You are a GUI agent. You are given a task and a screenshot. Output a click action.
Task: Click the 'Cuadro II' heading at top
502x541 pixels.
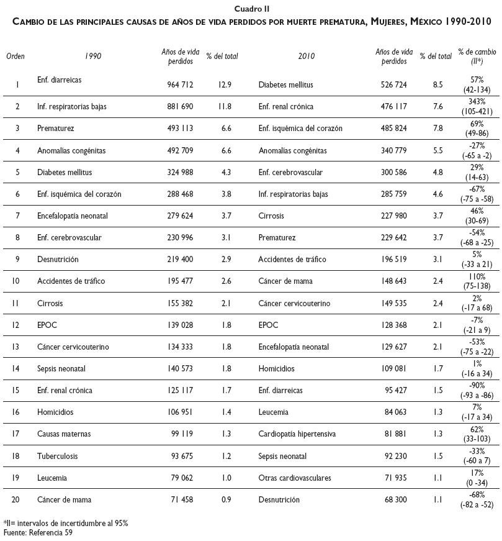[251, 8]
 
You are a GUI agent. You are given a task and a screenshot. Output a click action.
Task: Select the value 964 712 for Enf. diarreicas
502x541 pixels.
[180, 84]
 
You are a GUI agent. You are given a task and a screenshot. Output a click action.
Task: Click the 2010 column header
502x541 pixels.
[306, 57]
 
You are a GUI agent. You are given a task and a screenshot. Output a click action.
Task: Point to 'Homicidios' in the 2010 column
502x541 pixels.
[276, 368]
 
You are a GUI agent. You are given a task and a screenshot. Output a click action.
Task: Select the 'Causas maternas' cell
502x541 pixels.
[63, 412]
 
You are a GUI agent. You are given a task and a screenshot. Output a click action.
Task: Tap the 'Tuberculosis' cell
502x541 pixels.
[57, 456]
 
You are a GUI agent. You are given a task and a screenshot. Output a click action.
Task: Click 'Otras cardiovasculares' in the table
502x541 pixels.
[295, 478]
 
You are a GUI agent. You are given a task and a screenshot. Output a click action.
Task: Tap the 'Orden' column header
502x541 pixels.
[16, 57]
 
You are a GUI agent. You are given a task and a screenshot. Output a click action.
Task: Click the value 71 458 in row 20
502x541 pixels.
[180, 499]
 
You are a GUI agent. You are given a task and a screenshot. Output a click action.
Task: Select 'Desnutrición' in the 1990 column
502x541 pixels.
[58, 259]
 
